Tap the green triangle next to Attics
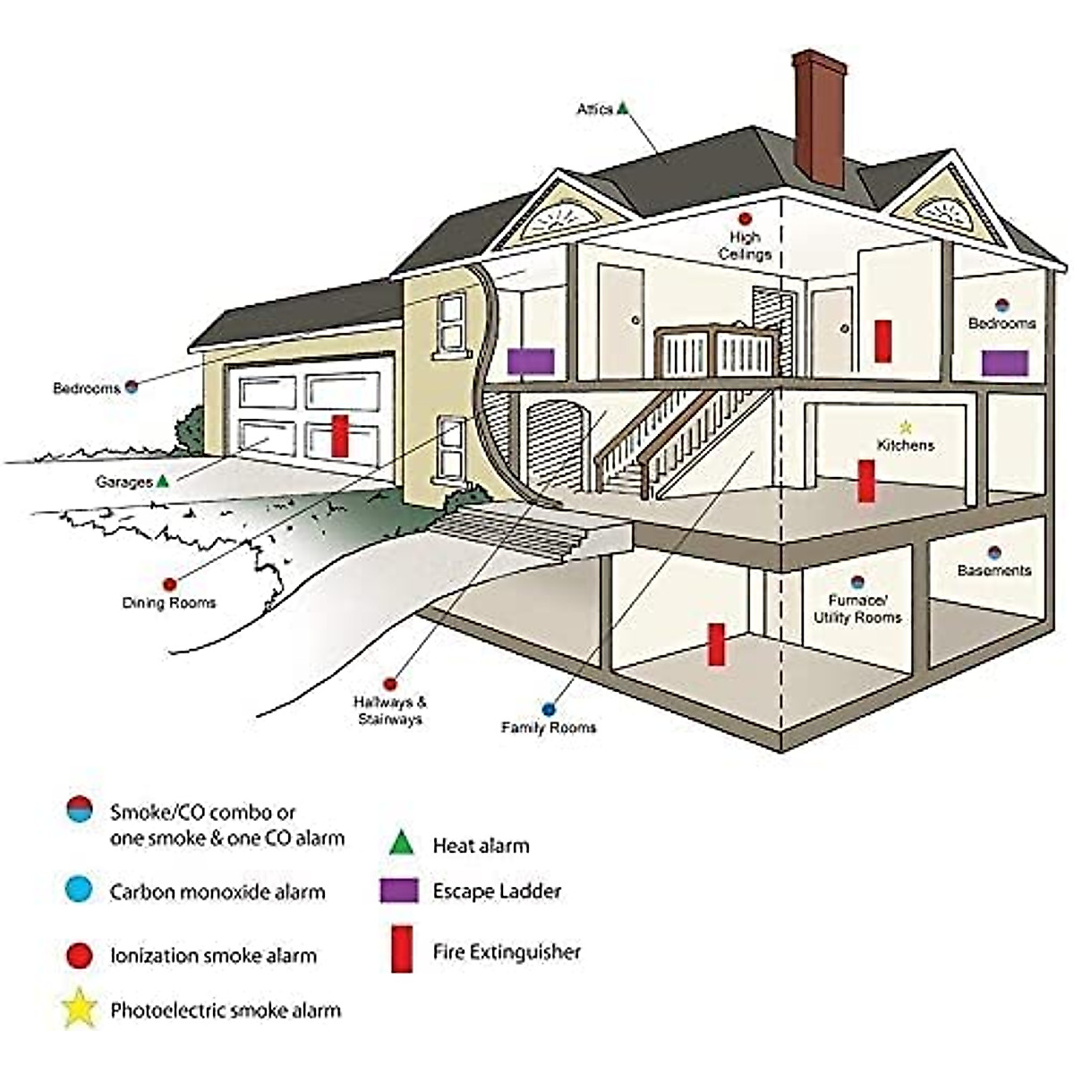pyautogui.click(x=623, y=107)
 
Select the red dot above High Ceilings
pyautogui.click(x=744, y=218)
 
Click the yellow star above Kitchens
pyautogui.click(x=905, y=427)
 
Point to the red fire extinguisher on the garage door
pyautogui.click(x=340, y=435)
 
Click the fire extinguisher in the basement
pyautogui.click(x=716, y=644)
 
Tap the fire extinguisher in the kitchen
pyautogui.click(x=865, y=481)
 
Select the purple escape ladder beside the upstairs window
pyautogui.click(x=531, y=361)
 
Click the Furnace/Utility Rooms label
pyautogui.click(x=857, y=609)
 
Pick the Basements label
pyautogui.click(x=993, y=570)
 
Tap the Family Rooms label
pyautogui.click(x=548, y=728)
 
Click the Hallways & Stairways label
pyautogui.click(x=389, y=711)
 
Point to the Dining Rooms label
pyautogui.click(x=169, y=602)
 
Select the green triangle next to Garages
pyautogui.click(x=162, y=481)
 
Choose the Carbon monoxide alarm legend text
pyautogui.click(x=217, y=891)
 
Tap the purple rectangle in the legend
pyautogui.click(x=399, y=891)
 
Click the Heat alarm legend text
pyautogui.click(x=481, y=845)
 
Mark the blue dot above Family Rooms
pyautogui.click(x=549, y=708)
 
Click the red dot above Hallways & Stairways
pyautogui.click(x=389, y=684)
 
